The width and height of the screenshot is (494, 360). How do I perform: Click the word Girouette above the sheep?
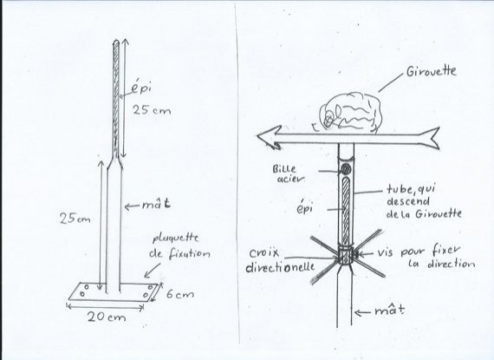coord(432,71)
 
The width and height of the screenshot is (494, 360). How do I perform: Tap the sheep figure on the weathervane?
coord(350,112)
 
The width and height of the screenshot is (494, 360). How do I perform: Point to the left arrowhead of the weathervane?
coord(270,137)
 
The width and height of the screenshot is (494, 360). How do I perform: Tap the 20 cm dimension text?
coord(107,317)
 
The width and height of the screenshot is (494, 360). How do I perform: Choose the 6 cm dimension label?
coord(179,295)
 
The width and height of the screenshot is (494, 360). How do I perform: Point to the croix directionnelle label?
coord(281,260)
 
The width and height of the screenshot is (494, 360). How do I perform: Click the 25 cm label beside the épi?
coord(152,110)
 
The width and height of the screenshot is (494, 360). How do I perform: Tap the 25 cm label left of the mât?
coord(75,219)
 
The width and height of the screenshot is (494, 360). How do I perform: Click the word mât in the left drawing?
coord(156,205)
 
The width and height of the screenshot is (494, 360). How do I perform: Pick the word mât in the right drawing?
coord(389,311)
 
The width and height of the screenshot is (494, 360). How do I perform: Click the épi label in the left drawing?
coord(140,88)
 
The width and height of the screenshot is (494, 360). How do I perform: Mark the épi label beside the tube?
coord(305,208)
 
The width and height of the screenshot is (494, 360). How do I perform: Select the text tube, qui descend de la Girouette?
coord(424,201)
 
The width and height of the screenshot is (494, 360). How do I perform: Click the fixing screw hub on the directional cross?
coord(346,256)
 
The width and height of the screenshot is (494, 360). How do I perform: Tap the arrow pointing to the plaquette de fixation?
coord(153,271)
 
